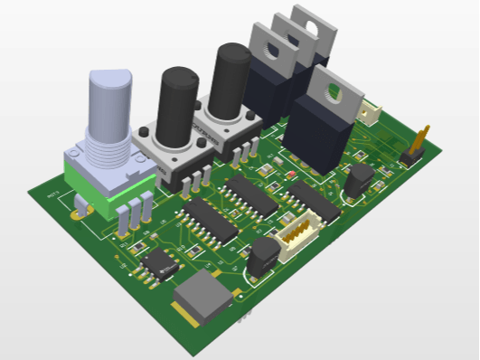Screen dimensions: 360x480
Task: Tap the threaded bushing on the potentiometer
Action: point(108,148)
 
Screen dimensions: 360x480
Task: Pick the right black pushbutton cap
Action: point(231,80)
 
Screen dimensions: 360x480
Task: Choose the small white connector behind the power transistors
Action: point(371,111)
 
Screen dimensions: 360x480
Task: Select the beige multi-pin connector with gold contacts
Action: point(296,236)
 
